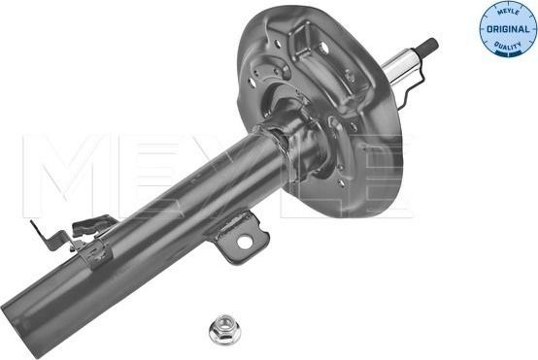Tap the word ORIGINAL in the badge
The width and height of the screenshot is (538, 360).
506,29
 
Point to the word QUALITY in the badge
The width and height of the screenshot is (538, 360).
506,44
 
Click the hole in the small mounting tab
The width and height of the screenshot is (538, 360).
246,241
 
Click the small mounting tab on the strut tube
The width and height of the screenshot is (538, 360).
237,237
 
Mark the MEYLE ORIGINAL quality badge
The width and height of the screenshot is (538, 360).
507,29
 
